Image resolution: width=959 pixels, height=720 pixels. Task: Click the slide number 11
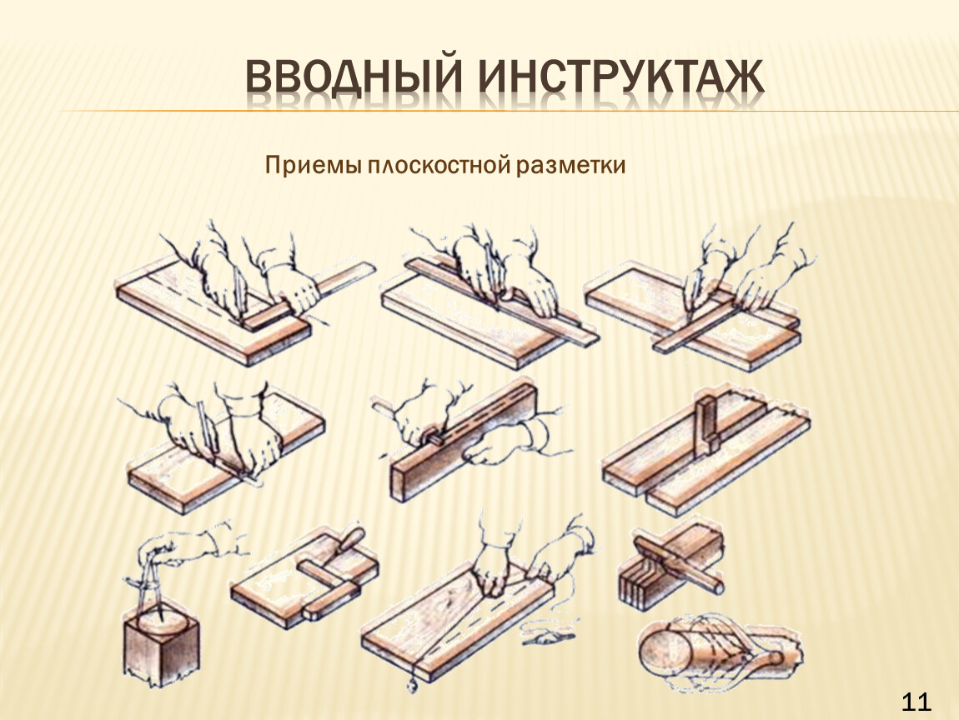point(916,702)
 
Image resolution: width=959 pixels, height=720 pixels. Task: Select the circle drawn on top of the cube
point(162,622)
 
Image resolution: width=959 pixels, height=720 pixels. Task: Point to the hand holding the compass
point(183,547)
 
